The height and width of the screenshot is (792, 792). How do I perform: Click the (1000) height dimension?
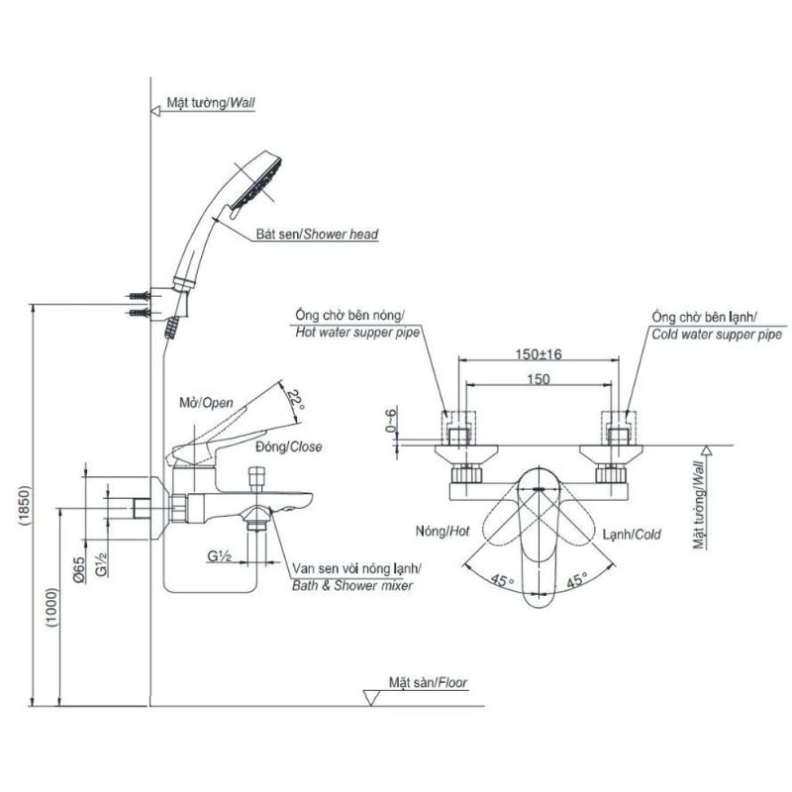[x=52, y=607]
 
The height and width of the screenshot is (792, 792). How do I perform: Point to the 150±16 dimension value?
[x=539, y=354]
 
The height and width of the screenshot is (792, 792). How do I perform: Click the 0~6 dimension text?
[x=391, y=419]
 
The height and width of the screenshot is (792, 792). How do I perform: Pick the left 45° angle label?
[x=502, y=580]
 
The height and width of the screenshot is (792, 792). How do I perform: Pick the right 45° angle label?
[x=576, y=580]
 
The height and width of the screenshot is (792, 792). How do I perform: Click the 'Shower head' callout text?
[x=341, y=234]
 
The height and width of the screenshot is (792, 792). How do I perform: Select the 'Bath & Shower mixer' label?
[x=352, y=585]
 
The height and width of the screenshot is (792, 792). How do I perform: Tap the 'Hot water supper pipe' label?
[x=357, y=333]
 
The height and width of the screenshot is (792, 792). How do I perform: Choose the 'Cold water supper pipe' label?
[x=717, y=335]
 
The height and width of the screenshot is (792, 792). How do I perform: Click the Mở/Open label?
[x=207, y=403]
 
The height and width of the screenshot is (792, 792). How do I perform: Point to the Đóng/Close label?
[x=288, y=446]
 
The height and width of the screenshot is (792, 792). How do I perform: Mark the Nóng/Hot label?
[x=443, y=531]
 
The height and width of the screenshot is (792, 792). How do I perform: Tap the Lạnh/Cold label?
[x=632, y=534]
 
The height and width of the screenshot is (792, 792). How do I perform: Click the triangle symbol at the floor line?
[x=371, y=698]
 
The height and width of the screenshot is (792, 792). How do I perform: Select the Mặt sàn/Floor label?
[x=428, y=682]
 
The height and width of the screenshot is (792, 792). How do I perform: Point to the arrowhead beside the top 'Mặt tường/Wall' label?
[x=155, y=111]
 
